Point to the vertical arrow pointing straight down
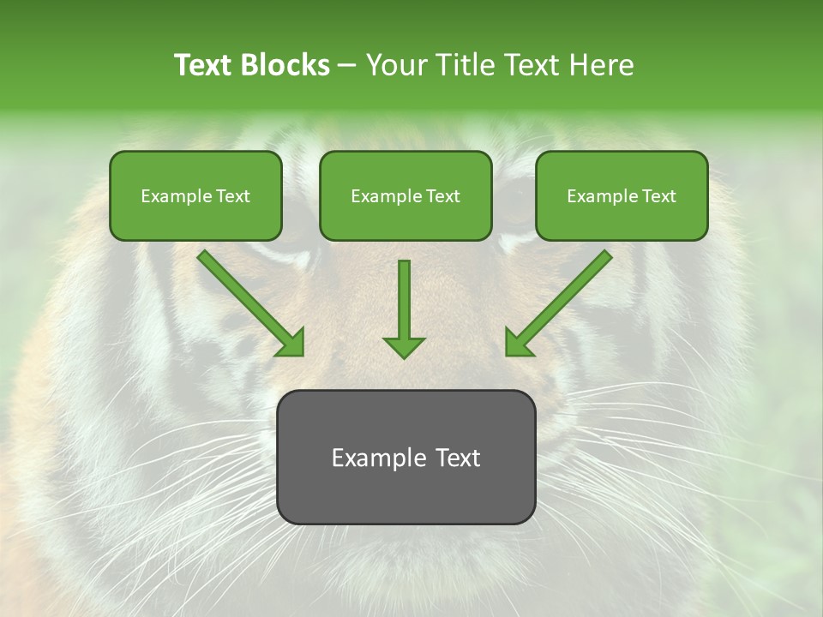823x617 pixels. pyautogui.click(x=404, y=300)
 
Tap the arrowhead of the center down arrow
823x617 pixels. pyautogui.click(x=404, y=346)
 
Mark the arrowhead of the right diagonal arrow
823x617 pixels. pyautogui.click(x=518, y=344)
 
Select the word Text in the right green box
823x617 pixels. pyautogui.click(x=658, y=196)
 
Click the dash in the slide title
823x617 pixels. pyautogui.click(x=347, y=66)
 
